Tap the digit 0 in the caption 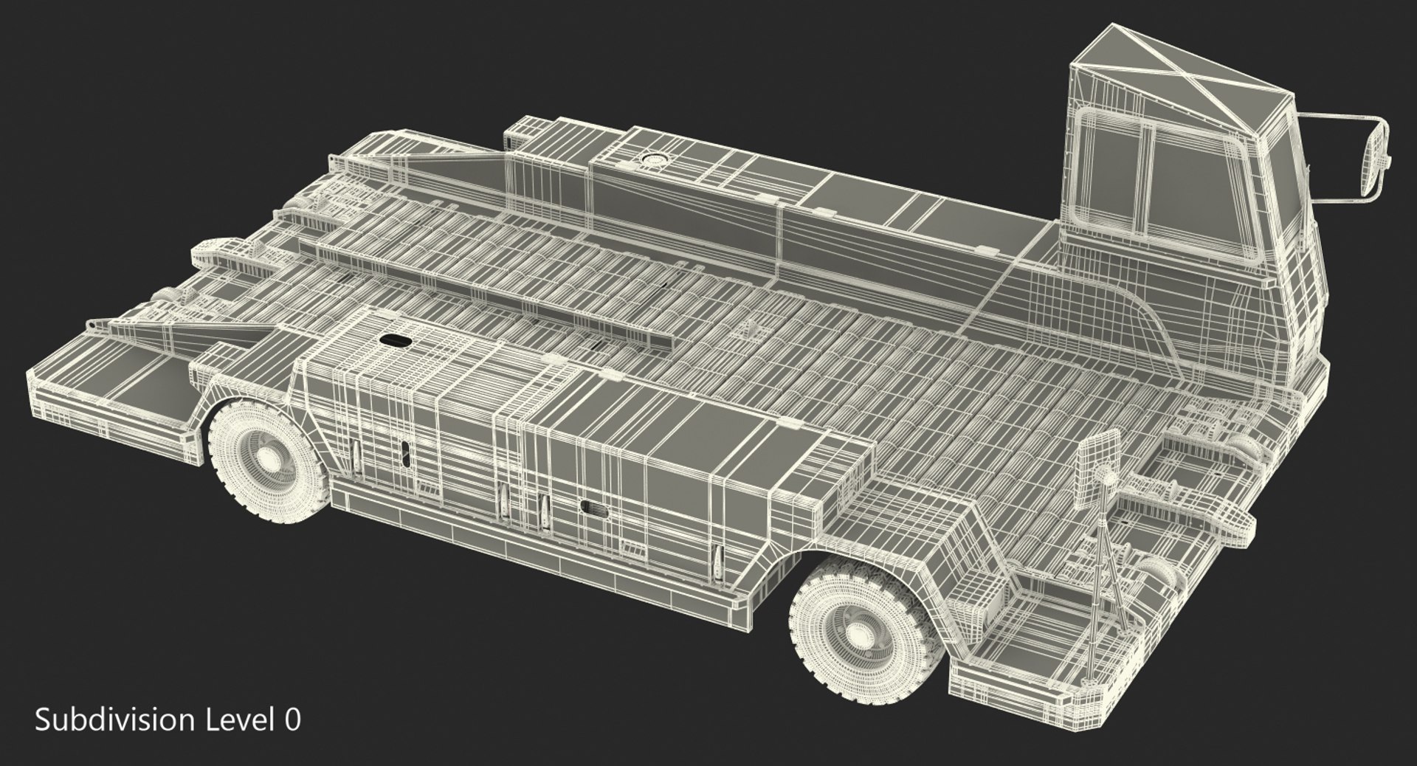pos(292,720)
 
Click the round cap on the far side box pos(653,158)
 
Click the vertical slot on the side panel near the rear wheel pos(405,454)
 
